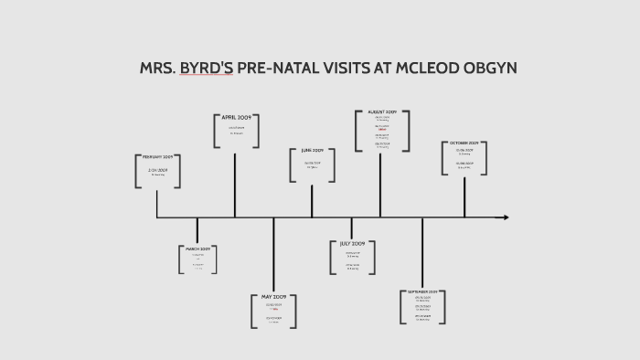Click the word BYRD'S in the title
(206, 69)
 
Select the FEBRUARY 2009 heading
(157, 157)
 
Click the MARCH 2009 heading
(198, 249)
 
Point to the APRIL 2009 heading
(236, 118)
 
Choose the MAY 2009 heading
(274, 297)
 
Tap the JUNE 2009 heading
(312, 150)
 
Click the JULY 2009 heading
(352, 244)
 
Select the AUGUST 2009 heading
(381, 111)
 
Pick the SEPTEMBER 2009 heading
(422, 291)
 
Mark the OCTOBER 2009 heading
(464, 143)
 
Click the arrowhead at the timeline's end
(502, 217)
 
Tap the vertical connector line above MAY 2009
(274, 256)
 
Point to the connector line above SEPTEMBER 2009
(422, 253)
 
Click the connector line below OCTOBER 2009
(464, 196)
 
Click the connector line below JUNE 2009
(312, 201)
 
